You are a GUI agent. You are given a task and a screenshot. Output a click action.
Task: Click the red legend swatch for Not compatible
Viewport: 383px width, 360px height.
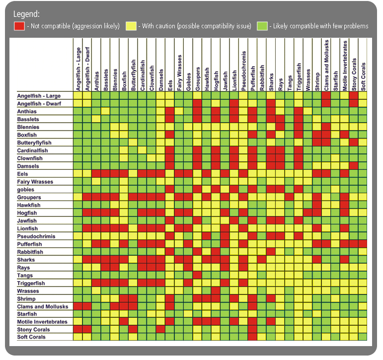pyautogui.click(x=19, y=26)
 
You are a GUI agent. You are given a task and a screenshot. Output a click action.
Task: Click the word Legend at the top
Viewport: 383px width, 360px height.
pyautogui.click(x=26, y=14)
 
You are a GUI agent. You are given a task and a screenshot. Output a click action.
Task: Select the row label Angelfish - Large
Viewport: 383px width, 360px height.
pyautogui.click(x=39, y=95)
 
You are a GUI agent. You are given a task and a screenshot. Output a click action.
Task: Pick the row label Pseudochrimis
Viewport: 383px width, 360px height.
pyautogui.click(x=36, y=236)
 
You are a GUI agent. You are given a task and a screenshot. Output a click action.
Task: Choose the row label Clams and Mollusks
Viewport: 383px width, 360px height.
pyautogui.click(x=42, y=306)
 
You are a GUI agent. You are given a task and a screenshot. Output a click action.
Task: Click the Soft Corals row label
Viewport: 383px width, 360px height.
pyautogui.click(x=31, y=337)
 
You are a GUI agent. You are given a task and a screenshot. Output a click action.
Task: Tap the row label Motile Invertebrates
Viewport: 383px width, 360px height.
pyautogui.click(x=42, y=322)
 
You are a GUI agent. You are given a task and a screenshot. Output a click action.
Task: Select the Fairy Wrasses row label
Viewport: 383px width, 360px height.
pyautogui.click(x=35, y=182)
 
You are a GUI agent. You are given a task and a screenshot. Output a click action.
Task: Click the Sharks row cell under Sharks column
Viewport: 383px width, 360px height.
pyautogui.click(x=271, y=260)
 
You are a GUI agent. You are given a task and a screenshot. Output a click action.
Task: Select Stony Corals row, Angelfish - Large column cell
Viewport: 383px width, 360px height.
pyautogui.click(x=78, y=329)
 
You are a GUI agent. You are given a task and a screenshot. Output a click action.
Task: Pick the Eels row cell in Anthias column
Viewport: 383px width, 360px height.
pyautogui.click(x=96, y=174)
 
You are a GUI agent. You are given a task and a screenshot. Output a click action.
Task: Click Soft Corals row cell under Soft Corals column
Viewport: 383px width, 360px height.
pyautogui.click(x=363, y=337)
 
